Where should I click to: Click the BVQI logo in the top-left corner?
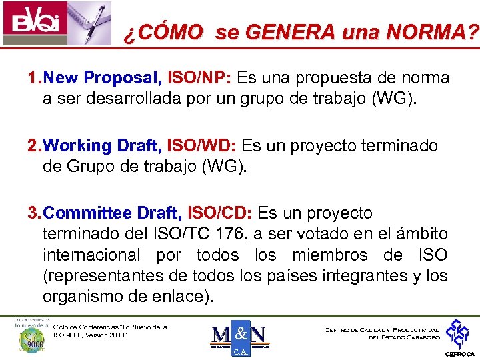[x=31, y=22]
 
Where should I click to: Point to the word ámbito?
[x=424, y=234]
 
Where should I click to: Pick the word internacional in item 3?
[x=91, y=255]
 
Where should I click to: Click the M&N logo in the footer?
[x=238, y=337]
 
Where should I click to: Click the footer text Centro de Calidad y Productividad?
[x=381, y=330]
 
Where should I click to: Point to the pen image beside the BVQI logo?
[x=87, y=20]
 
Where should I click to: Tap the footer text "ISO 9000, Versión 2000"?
[x=89, y=335]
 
